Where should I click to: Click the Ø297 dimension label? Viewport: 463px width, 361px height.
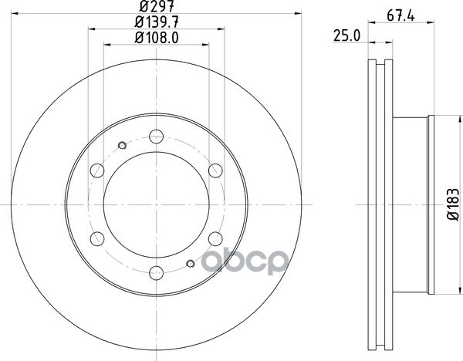(157, 6)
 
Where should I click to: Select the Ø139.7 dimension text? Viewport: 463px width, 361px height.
(157, 22)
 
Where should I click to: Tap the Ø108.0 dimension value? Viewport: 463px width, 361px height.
(157, 38)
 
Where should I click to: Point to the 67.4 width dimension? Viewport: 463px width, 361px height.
(400, 15)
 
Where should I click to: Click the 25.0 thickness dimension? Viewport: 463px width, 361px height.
(347, 35)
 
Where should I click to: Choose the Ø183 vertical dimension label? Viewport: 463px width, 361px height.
(454, 204)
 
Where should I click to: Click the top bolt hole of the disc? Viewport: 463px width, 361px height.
(156, 137)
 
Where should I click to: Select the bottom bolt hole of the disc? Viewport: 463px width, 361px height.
(156, 273)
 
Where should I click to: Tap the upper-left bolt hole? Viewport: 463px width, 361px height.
(97, 170)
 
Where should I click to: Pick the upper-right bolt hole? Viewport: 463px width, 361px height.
(215, 170)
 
